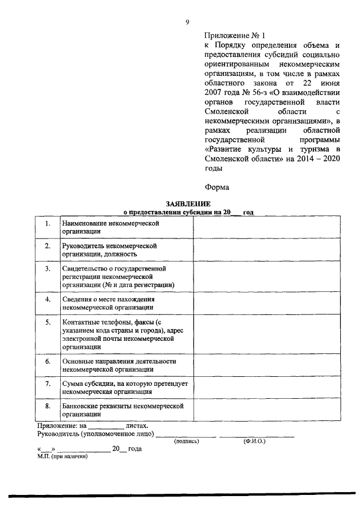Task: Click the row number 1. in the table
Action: pos(48,224)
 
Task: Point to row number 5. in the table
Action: pos(48,322)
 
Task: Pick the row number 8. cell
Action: pos(48,405)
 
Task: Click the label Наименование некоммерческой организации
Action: pos(103,227)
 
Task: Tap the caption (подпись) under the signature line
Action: pos(187,442)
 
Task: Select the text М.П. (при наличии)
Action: pos(62,456)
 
